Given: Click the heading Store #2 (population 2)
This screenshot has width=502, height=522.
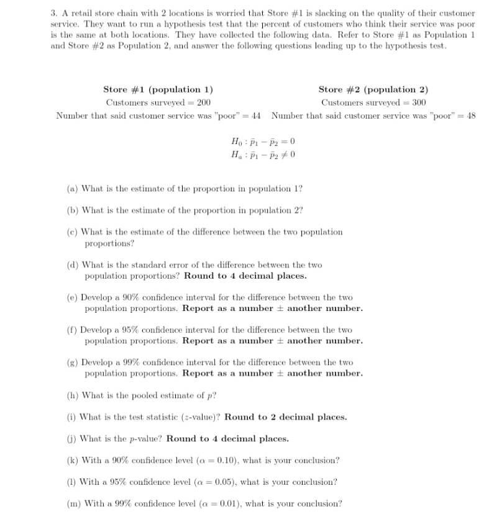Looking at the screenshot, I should pos(373,89).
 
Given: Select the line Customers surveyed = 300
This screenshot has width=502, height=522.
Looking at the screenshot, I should pos(373,102).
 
